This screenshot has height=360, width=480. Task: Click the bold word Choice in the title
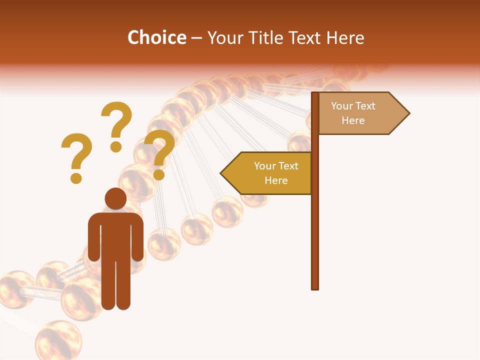click(x=156, y=38)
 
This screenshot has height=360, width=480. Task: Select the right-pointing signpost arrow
click(x=362, y=113)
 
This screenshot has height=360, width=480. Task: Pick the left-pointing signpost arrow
click(x=267, y=173)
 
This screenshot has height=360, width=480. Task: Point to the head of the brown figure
click(x=115, y=198)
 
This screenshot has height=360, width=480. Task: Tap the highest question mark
click(x=116, y=122)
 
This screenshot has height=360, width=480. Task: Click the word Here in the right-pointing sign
click(x=353, y=120)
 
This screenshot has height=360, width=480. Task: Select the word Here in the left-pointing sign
click(x=276, y=180)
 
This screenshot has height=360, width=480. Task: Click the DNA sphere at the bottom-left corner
click(x=58, y=340)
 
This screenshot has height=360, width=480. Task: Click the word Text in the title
click(x=306, y=38)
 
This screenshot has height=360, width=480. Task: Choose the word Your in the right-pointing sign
click(x=342, y=106)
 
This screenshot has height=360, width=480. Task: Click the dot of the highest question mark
click(x=116, y=146)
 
